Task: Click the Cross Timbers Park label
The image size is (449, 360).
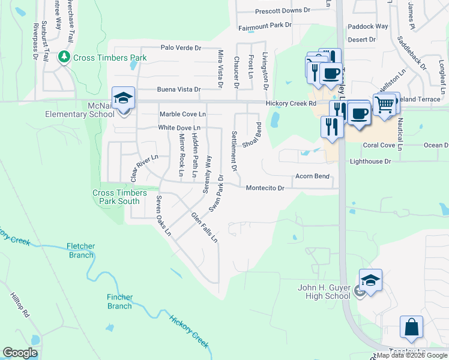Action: (110, 58)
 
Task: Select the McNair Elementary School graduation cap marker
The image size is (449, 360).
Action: (123, 98)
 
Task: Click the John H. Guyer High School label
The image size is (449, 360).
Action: (324, 292)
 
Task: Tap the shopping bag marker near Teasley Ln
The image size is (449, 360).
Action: (411, 328)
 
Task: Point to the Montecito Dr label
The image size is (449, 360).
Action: (265, 188)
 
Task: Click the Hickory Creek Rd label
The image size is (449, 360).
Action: (291, 103)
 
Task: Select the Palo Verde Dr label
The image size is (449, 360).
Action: (180, 47)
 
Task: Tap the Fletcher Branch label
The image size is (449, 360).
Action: (80, 251)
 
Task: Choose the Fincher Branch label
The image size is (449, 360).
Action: (119, 302)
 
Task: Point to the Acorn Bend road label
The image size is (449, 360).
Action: (312, 176)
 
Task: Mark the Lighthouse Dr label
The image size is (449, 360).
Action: (370, 161)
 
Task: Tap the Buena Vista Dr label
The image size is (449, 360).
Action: (178, 89)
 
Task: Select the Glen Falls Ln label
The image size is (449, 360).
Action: (204, 227)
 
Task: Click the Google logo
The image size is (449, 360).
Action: (20, 353)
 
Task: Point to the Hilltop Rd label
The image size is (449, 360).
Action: (19, 305)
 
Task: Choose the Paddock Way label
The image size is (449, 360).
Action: (368, 26)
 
